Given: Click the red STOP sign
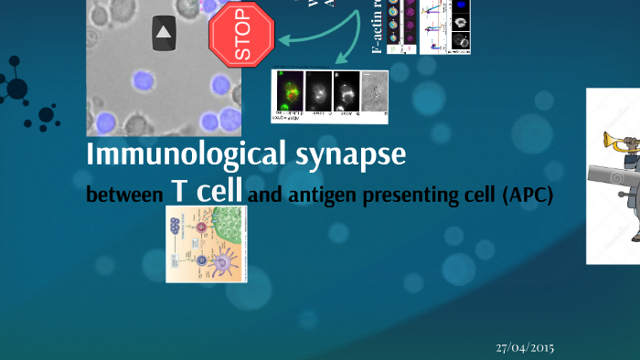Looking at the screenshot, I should (x=242, y=36).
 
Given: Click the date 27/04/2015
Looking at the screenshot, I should (x=525, y=347).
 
